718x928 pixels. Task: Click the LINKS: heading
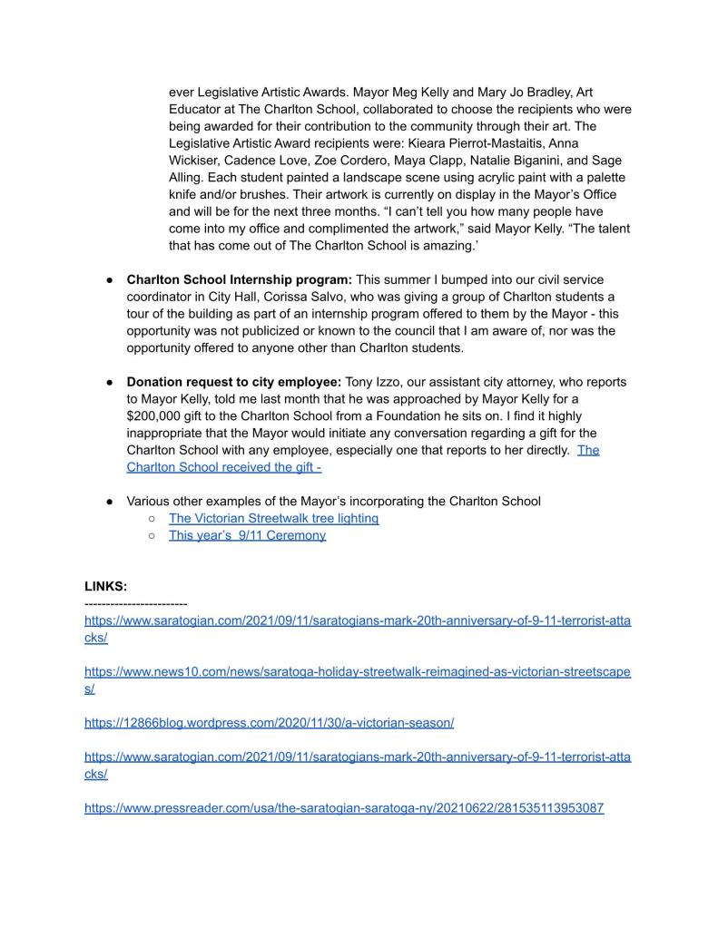coord(106,587)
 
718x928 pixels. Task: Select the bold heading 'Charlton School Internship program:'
coord(240,279)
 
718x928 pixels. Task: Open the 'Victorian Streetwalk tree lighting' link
coord(273,518)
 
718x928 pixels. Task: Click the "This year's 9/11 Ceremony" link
coord(247,535)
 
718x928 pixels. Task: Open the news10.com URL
coord(358,671)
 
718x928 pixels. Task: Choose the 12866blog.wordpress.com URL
coord(269,723)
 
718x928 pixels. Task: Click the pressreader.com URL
coord(344,807)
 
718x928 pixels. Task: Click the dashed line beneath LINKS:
coord(135,603)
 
